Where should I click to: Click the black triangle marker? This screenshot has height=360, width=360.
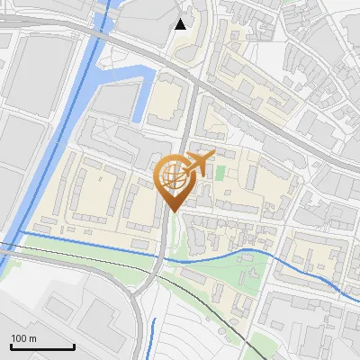click(181, 23)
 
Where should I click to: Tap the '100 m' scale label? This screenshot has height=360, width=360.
click(23, 337)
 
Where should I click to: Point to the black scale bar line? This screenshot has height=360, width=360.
click(42, 346)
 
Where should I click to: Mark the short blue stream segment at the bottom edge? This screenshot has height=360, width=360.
click(150, 337)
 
